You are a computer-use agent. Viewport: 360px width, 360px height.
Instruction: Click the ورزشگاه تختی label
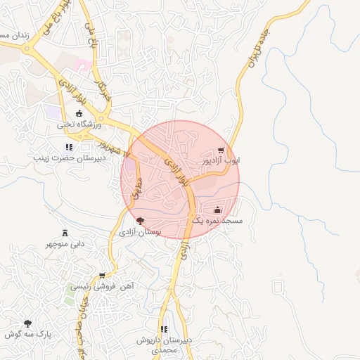[79, 124]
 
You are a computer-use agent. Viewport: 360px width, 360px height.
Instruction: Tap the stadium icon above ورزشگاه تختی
[79, 114]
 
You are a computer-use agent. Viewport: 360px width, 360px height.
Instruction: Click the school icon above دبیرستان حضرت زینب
[68, 147]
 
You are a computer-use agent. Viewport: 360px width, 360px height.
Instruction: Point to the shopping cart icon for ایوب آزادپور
[221, 150]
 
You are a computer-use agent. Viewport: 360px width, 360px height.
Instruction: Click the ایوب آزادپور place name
[221, 160]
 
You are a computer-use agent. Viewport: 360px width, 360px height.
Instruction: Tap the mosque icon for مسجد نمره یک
[217, 210]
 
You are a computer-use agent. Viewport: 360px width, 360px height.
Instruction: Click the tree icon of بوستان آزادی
[140, 221]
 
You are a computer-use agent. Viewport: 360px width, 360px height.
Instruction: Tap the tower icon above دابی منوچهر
[65, 233]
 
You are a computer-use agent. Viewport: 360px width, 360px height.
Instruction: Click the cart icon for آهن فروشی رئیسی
[103, 276]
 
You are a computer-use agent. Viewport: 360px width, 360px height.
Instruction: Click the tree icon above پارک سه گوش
[27, 323]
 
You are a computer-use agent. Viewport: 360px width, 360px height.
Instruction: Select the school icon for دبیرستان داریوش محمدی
[165, 329]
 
